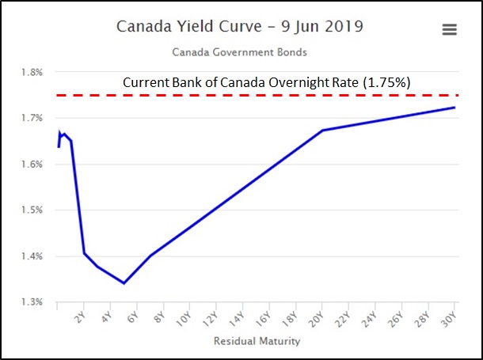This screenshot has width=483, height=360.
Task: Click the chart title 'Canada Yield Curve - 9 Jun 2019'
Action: (x=240, y=26)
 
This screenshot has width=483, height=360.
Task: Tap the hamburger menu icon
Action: (x=449, y=29)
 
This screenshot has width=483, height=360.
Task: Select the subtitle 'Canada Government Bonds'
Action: (x=240, y=53)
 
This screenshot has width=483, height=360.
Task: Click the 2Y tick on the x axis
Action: (x=78, y=318)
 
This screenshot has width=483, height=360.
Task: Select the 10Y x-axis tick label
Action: (x=183, y=320)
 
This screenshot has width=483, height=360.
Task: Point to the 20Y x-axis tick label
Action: (x=315, y=320)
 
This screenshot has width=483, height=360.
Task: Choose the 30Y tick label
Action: (x=447, y=320)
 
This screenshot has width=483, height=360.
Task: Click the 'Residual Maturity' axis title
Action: (x=257, y=342)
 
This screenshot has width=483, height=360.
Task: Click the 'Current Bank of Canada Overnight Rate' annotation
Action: (x=265, y=81)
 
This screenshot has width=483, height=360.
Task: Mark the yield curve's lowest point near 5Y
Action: (x=124, y=283)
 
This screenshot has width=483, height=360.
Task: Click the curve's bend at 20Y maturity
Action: (x=322, y=130)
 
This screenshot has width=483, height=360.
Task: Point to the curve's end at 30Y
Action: (x=454, y=108)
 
